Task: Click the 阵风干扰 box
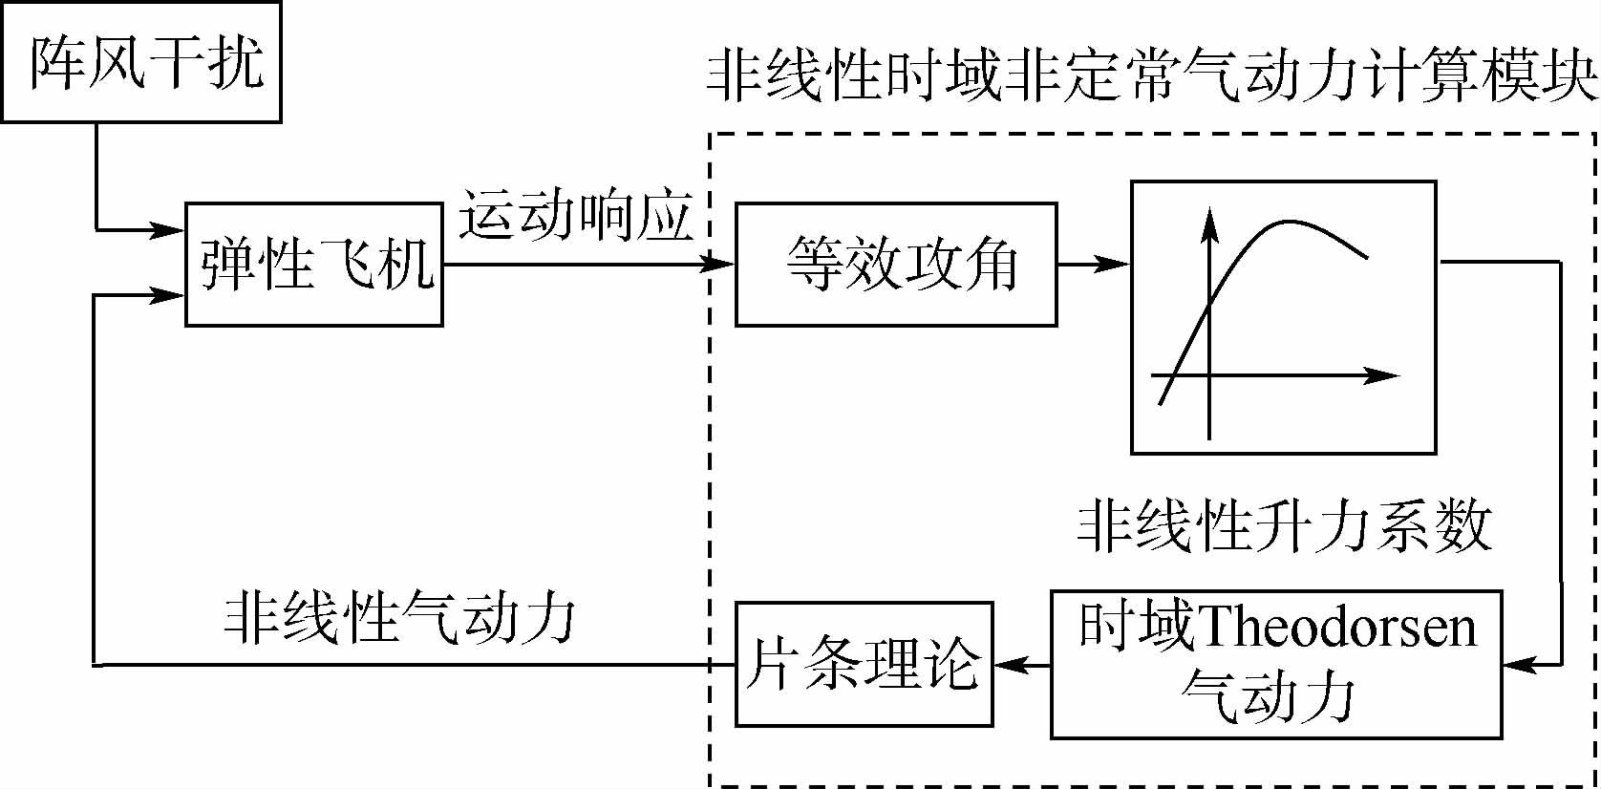(x=141, y=63)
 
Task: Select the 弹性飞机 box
(x=313, y=265)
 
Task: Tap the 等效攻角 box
(x=895, y=265)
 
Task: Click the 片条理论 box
(x=864, y=664)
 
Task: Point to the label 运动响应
(x=576, y=216)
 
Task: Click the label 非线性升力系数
(x=1285, y=525)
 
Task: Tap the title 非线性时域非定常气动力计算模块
(x=1151, y=76)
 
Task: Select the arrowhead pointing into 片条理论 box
(x=1009, y=664)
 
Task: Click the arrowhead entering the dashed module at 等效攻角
(x=721, y=264)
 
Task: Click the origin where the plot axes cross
(x=1209, y=375)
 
